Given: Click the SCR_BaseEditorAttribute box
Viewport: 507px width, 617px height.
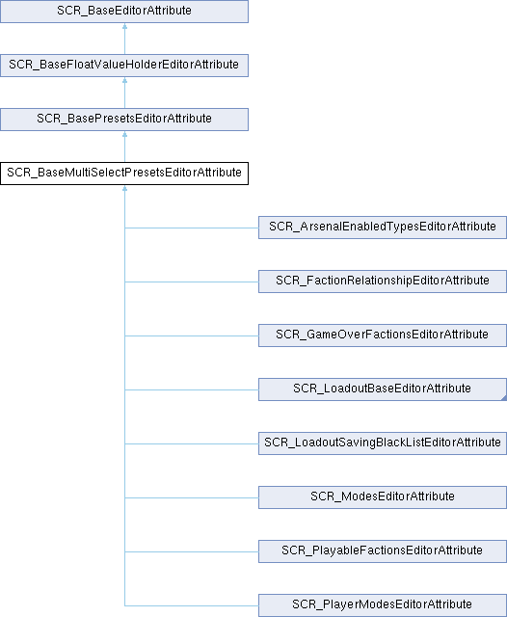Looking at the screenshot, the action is (124, 12).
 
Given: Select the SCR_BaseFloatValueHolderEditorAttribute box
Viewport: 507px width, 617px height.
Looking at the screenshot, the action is (124, 66).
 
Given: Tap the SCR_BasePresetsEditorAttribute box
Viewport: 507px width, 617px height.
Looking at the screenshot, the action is (124, 120).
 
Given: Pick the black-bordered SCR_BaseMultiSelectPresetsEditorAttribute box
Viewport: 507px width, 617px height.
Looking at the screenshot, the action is (124, 174).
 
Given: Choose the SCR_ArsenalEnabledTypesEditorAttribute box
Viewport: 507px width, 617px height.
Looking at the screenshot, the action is (383, 228).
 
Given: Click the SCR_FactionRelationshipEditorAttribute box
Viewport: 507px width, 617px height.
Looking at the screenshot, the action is (383, 282).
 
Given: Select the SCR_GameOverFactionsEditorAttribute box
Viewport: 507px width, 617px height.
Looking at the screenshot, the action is (383, 335).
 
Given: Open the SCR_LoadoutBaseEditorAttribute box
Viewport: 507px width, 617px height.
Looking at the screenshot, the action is (383, 389).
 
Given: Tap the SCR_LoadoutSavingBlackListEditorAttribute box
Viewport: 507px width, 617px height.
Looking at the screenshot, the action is (383, 443).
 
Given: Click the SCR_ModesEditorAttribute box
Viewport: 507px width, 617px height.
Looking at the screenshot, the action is (383, 497).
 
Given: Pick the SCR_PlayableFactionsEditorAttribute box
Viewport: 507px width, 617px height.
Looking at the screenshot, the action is (383, 550).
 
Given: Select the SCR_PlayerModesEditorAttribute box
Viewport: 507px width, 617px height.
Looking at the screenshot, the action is (383, 605).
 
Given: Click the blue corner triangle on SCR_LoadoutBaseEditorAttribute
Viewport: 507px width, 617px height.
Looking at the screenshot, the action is (505, 398).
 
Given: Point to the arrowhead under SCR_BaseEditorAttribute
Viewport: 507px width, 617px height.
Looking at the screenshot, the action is (124, 26).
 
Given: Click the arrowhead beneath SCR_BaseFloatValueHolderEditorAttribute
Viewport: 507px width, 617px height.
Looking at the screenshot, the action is (124, 80).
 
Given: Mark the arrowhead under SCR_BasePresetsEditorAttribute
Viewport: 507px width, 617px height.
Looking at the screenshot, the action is (124, 134).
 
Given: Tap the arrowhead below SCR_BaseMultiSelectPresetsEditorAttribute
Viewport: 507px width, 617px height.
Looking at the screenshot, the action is (124, 188).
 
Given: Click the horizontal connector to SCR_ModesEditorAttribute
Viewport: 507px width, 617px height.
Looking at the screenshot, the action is (192, 497).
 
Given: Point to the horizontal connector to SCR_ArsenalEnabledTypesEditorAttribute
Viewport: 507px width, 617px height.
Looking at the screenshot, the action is (192, 228).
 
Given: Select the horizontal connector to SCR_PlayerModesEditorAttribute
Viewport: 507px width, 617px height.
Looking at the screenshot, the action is (192, 605).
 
